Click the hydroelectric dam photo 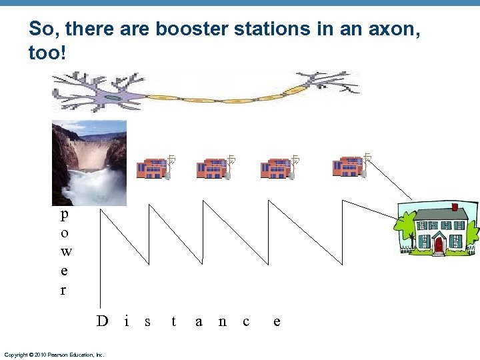[89, 163]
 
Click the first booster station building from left [152, 168]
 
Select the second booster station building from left [212, 168]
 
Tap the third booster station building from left [275, 168]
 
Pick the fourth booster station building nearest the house [347, 166]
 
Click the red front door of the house [438, 245]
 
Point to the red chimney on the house [454, 207]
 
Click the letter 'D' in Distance [102, 321]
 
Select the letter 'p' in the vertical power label [64, 215]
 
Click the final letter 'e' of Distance [277, 321]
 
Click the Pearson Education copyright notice [54, 355]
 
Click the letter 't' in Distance [174, 321]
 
